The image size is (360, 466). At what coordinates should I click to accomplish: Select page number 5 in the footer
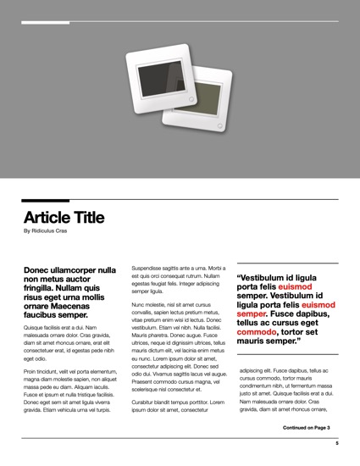click(x=336, y=443)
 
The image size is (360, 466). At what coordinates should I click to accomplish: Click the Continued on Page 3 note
click(x=306, y=428)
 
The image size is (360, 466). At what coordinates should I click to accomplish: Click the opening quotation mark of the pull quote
click(x=239, y=277)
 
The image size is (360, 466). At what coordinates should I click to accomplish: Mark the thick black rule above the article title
click(x=180, y=199)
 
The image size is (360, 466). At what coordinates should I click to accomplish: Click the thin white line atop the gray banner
click(x=180, y=22)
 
